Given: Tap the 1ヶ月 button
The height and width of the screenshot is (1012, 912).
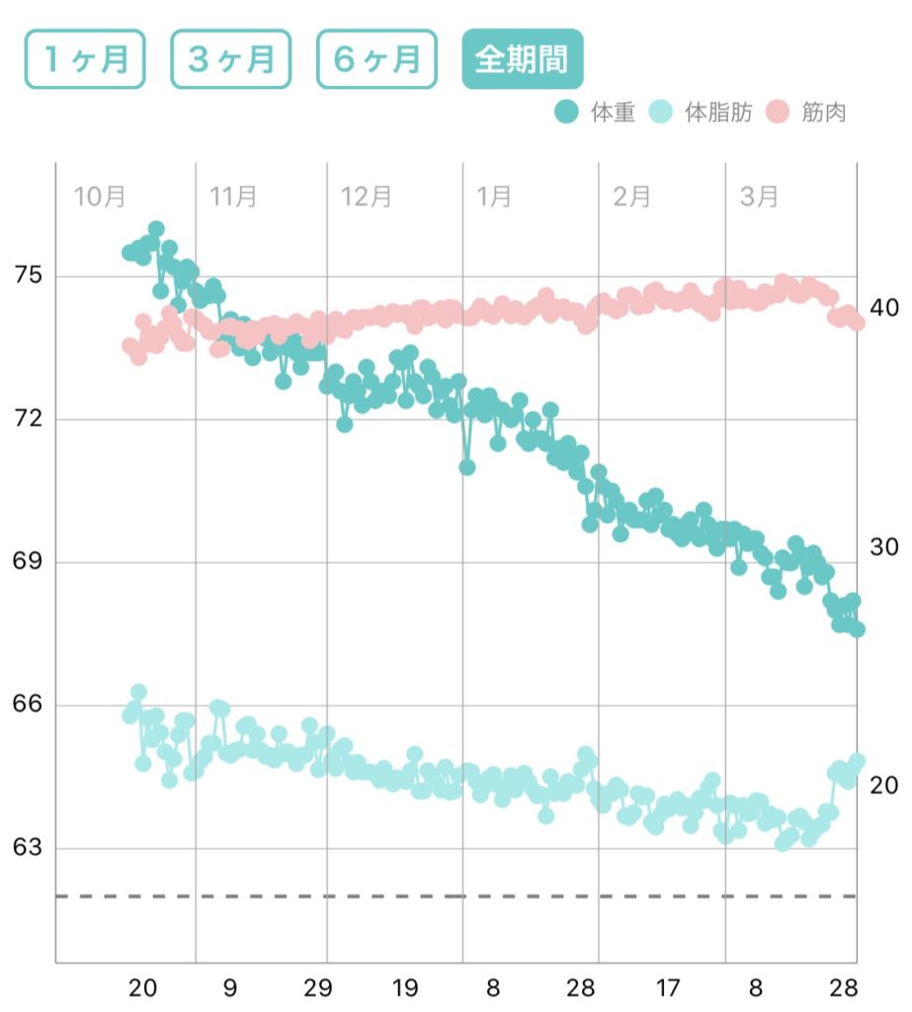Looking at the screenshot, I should tap(85, 59).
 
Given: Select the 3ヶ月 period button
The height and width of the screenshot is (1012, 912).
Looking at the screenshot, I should tap(230, 59).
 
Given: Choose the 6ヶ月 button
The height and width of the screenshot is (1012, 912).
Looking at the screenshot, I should tap(375, 59).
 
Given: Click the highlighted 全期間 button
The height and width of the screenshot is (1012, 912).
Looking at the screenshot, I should tap(522, 59).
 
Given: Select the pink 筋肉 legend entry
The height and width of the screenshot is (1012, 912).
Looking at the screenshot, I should tap(807, 113).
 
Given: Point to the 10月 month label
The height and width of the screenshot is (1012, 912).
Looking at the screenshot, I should tap(100, 196).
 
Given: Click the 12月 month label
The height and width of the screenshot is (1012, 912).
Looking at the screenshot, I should tap(367, 196).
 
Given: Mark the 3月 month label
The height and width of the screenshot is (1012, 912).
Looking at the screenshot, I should tap(759, 196).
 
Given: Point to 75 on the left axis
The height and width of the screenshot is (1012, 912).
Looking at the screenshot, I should tap(27, 276).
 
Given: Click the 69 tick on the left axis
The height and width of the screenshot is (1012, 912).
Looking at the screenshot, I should tap(27, 562).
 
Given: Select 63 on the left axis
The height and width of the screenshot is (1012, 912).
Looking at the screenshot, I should tap(27, 848).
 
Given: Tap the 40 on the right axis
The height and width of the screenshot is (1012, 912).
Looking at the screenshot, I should tap(883, 307).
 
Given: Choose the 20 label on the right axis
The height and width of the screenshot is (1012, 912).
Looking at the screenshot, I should tap(883, 785).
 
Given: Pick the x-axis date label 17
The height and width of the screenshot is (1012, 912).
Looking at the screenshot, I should tap(669, 987).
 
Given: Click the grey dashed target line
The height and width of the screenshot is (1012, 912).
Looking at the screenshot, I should tap(455, 896).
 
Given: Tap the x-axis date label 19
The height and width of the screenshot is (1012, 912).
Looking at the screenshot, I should tap(404, 987).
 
